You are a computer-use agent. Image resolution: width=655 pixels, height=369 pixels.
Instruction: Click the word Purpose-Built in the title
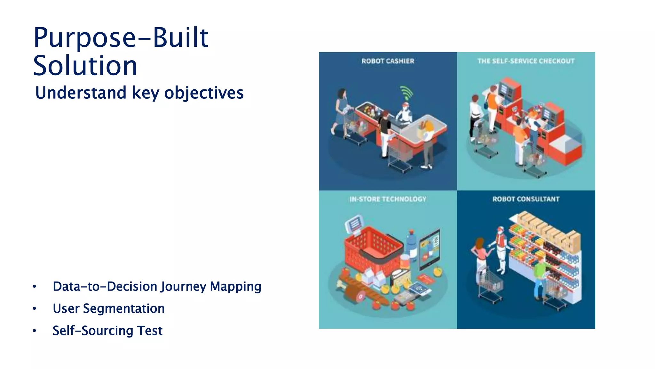coord(121,38)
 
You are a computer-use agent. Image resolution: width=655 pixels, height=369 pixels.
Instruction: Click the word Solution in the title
coord(85,66)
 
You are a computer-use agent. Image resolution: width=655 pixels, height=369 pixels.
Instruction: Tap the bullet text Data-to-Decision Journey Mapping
coord(157,286)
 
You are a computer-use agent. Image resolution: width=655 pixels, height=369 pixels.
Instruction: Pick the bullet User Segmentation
coord(108,308)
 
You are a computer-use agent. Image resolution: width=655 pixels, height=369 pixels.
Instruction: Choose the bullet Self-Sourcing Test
coord(107,331)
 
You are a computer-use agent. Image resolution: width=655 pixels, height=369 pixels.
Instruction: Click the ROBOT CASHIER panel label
coord(388,61)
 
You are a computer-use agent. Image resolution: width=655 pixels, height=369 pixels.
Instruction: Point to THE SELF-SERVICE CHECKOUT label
coord(526,61)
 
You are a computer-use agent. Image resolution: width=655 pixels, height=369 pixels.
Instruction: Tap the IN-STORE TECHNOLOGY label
coord(388,199)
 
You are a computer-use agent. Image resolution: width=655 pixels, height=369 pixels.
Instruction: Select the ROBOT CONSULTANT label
coord(526,199)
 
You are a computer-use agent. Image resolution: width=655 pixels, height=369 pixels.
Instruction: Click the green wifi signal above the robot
coord(406,93)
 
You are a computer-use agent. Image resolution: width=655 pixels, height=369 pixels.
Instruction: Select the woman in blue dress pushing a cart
coord(340,111)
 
